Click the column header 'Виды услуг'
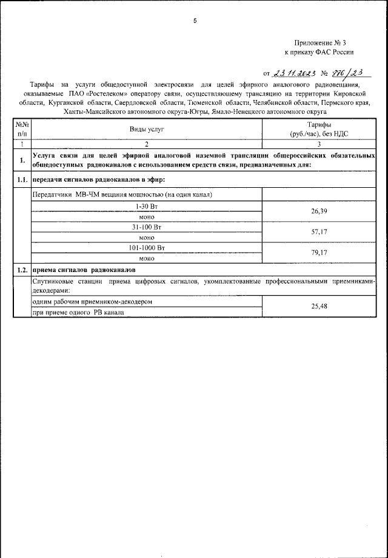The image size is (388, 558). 147,129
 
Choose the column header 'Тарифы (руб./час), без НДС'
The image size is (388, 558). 319,129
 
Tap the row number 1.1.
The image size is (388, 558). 22,180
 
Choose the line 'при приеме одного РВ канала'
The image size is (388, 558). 78,313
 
